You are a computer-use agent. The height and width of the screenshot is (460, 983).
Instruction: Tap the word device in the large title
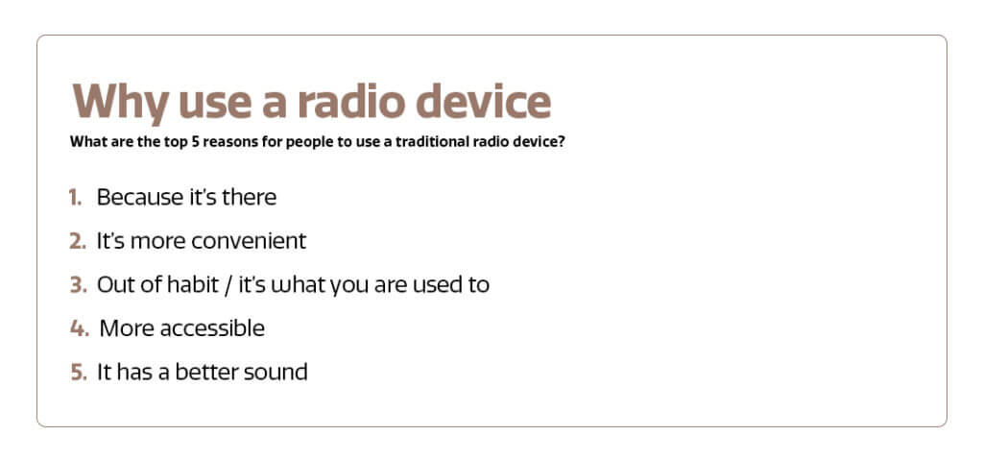[x=484, y=101]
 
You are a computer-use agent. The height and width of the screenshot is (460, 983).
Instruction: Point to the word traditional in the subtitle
[x=429, y=142]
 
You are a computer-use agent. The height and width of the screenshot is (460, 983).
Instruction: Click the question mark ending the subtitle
[x=562, y=142]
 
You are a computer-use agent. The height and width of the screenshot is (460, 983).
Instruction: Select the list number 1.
[x=75, y=198]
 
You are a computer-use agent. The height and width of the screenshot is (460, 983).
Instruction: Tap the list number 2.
[x=77, y=242]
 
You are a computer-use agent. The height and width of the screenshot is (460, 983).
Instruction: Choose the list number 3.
[x=77, y=285]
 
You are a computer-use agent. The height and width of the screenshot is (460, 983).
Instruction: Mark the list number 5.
[x=77, y=373]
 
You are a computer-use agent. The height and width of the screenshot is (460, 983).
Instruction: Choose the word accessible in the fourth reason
[x=213, y=328]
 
